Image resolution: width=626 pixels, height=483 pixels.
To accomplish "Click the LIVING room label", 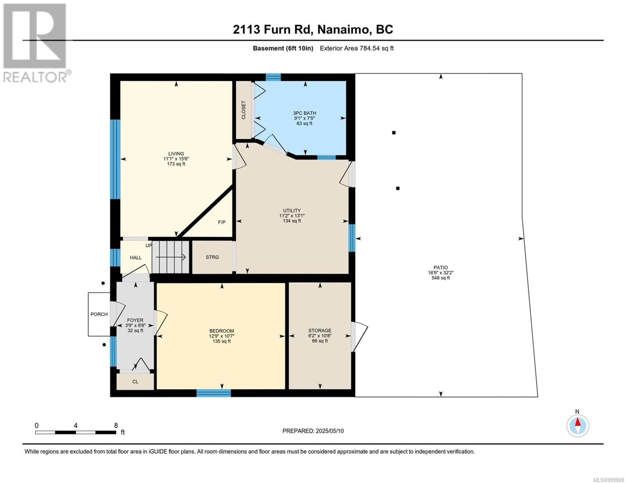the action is [x=176, y=154].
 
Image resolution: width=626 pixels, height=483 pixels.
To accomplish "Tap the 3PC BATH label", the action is [x=304, y=113].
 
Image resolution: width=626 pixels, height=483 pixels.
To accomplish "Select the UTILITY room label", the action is [x=292, y=210].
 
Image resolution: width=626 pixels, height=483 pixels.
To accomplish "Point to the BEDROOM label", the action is [x=222, y=331].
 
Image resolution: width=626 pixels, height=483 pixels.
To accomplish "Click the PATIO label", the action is [x=440, y=268].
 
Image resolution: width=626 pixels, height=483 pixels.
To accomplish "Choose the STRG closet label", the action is [x=212, y=257].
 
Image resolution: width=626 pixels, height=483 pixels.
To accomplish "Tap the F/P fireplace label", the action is [x=222, y=222].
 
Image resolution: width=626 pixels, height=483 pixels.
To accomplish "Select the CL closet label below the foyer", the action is [x=135, y=382].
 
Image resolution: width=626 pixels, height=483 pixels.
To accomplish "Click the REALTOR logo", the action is [x=36, y=43].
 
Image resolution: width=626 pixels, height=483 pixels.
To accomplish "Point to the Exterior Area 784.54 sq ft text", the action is [x=357, y=48].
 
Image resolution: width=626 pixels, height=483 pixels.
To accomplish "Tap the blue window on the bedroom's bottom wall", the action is [x=214, y=393].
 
